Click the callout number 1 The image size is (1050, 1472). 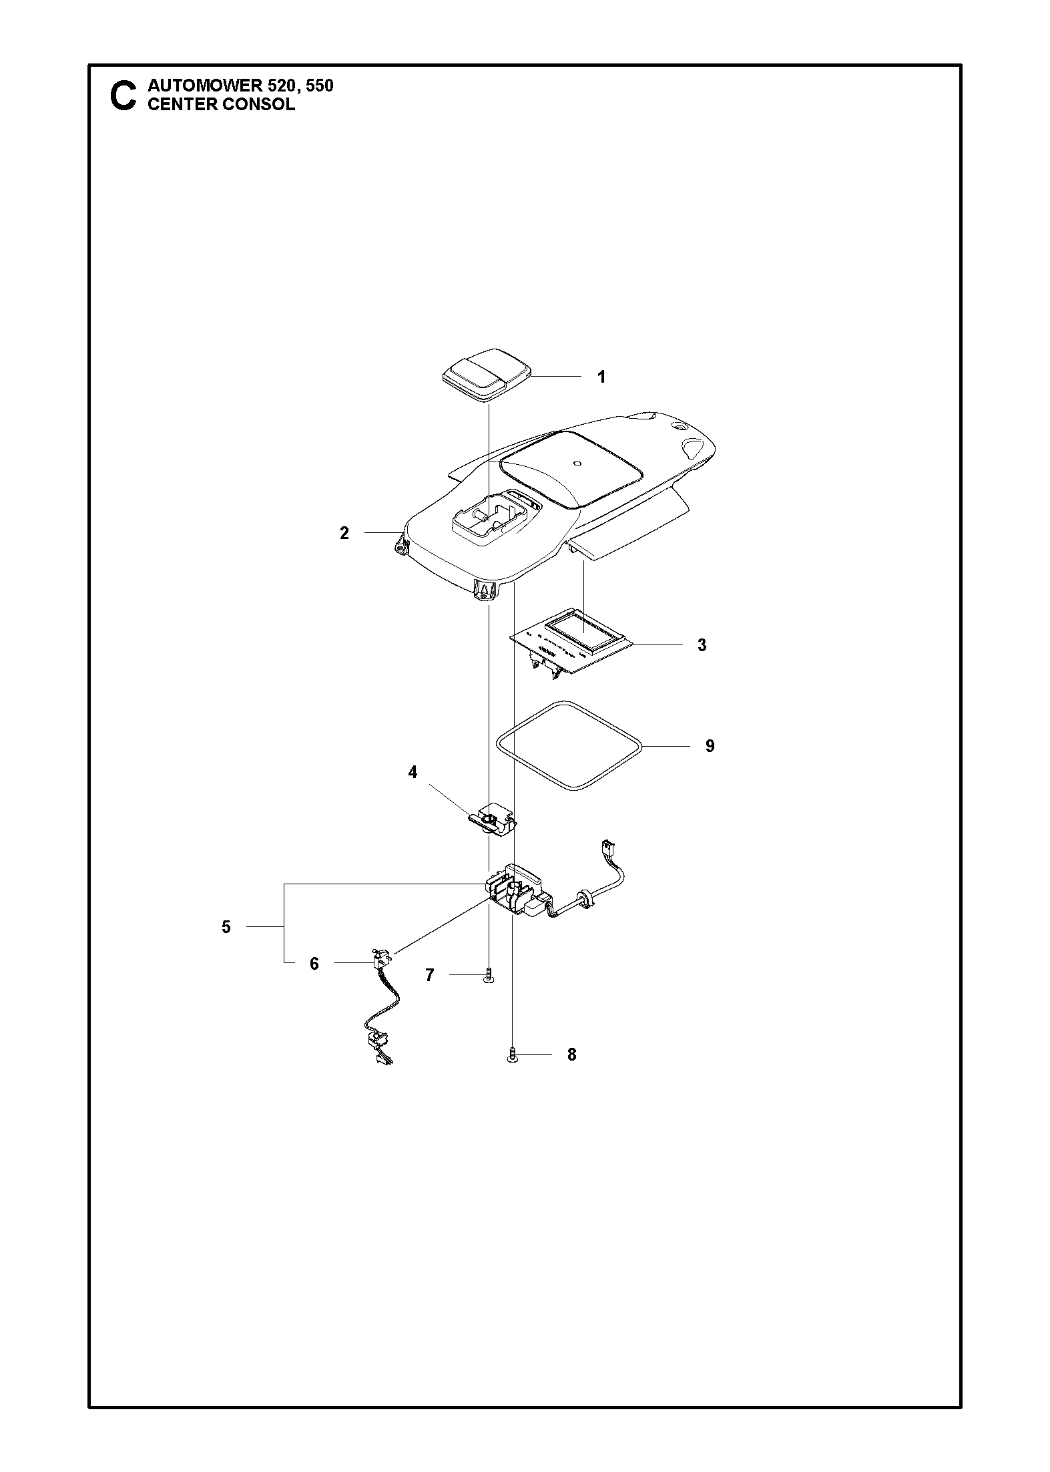click(x=601, y=377)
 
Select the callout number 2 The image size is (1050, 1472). click(x=344, y=533)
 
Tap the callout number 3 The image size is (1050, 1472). click(x=702, y=645)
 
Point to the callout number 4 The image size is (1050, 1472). click(x=413, y=772)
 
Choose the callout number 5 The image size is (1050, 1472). click(x=226, y=926)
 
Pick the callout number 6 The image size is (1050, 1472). click(x=314, y=964)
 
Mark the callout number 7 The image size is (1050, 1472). click(x=430, y=975)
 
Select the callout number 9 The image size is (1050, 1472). click(x=710, y=745)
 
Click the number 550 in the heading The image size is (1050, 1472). click(x=319, y=86)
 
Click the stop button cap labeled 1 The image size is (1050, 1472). click(x=486, y=375)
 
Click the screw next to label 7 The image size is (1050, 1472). click(x=489, y=976)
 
